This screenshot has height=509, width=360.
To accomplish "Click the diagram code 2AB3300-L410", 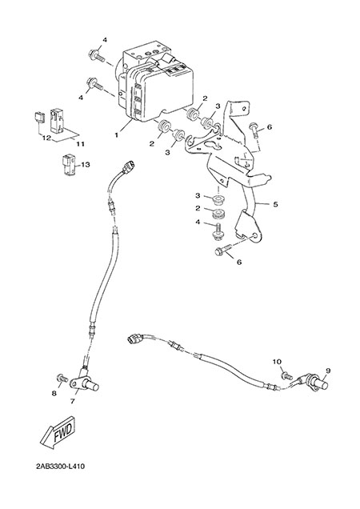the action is tap(61, 467).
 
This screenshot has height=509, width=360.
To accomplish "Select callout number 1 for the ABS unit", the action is tap(117, 134).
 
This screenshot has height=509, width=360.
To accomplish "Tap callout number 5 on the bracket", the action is tap(275, 204).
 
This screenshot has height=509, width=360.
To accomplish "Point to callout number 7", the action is tap(72, 401).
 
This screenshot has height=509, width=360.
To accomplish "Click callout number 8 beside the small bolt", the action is tap(54, 394).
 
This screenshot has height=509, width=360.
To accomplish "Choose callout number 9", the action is tap(327, 371).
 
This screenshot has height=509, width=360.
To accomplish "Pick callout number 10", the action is tap(277, 362).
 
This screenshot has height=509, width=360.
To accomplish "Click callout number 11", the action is tap(81, 143).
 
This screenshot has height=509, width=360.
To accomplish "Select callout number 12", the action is tap(46, 138).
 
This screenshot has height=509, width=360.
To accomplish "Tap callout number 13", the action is tap(86, 165).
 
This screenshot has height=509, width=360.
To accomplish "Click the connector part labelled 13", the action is tap(69, 166).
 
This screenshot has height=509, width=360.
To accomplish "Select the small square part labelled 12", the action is tap(40, 118).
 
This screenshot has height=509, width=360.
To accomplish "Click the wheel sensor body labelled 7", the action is tap(84, 383).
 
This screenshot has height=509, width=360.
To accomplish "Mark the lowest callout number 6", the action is tap(239, 262).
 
